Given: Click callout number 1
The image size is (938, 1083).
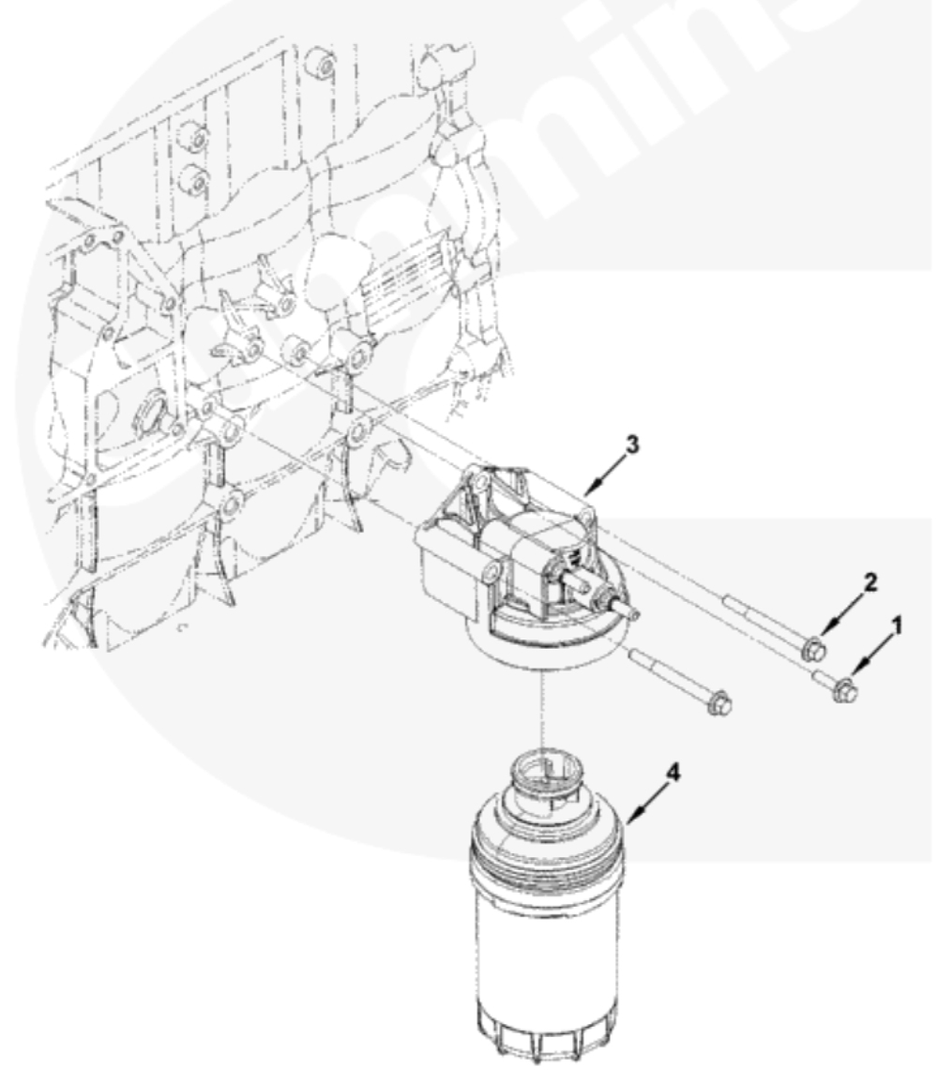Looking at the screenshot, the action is point(897,626).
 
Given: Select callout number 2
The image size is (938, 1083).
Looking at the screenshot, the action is point(870,583).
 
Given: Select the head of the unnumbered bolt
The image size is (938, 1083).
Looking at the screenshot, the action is point(719,705).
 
